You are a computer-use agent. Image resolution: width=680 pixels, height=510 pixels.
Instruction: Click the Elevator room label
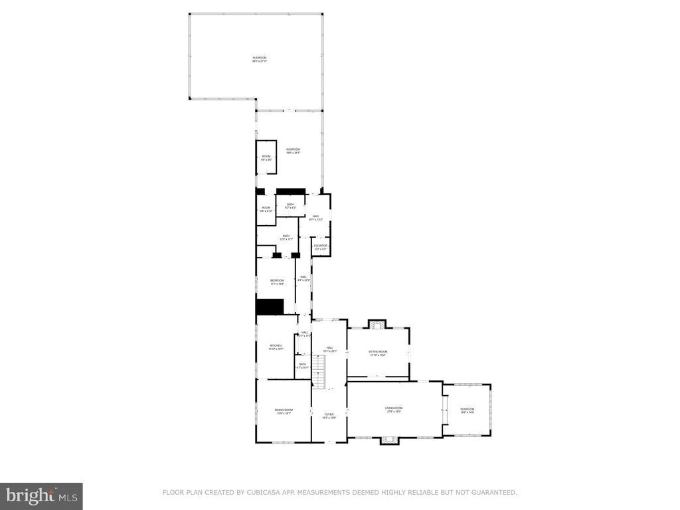click(321, 246)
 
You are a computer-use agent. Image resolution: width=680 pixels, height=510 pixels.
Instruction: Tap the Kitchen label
click(276, 346)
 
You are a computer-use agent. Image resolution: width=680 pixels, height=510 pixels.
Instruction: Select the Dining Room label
click(284, 410)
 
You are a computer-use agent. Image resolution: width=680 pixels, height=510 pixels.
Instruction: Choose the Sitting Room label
click(378, 353)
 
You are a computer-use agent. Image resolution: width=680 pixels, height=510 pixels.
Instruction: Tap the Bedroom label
click(277, 282)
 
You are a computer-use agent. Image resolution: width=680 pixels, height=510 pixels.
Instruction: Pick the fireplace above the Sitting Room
click(377, 325)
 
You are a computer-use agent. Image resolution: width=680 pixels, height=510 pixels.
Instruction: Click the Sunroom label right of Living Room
click(467, 410)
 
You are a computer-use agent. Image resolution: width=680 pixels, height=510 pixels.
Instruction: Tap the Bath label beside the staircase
click(302, 365)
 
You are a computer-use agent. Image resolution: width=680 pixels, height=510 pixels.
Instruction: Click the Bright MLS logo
click(41, 495)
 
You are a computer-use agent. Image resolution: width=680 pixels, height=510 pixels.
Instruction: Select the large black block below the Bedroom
click(270, 307)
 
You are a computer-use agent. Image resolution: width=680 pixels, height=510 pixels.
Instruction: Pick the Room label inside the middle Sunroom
click(266, 157)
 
